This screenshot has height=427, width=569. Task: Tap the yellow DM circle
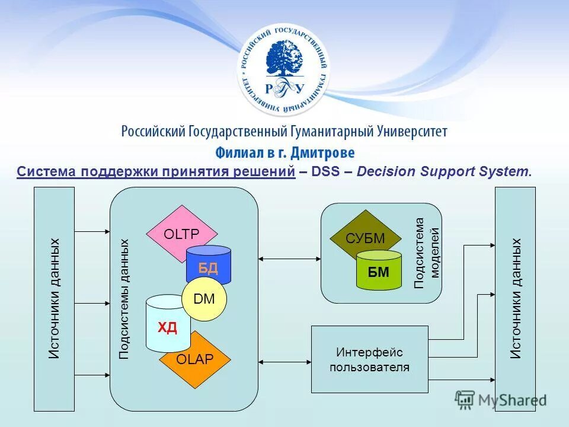tap(204, 299)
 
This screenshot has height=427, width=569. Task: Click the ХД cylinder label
tap(167, 327)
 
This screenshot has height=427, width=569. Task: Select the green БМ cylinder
tap(379, 272)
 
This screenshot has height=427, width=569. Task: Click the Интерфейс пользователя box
tap(369, 359)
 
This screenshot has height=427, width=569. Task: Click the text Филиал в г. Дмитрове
tap(284, 152)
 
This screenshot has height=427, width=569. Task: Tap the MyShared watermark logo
tap(501, 400)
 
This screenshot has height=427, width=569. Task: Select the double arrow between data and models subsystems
tap(290, 258)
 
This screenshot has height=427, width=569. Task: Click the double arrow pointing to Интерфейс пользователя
tap(285, 361)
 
